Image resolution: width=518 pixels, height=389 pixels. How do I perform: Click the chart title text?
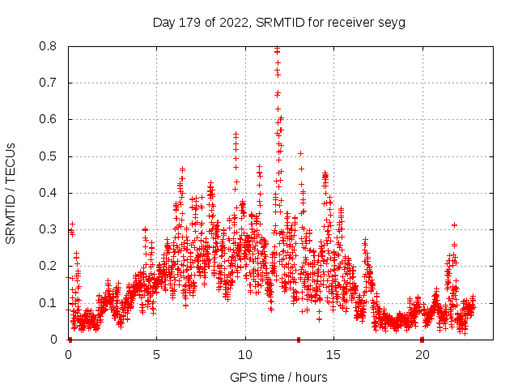[278, 22]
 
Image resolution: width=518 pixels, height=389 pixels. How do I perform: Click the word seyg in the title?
[390, 22]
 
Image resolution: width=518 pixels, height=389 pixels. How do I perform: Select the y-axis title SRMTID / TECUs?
[11, 193]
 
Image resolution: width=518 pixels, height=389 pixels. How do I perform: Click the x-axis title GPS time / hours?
[278, 377]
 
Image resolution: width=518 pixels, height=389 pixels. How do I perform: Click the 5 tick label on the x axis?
[157, 354]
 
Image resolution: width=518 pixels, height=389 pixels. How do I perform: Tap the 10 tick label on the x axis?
[245, 354]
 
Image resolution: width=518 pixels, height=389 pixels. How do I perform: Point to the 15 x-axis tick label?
[333, 354]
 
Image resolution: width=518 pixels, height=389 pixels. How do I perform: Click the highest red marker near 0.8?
[278, 49]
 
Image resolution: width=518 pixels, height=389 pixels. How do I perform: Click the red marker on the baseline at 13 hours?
[299, 339]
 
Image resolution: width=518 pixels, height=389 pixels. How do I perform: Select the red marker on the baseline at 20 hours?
[422, 339]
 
